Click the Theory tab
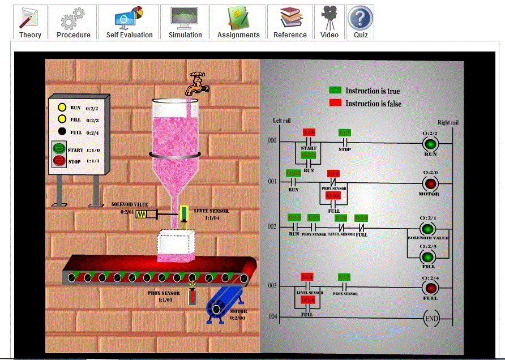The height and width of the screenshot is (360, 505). click(x=30, y=22)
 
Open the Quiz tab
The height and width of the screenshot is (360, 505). click(x=361, y=22)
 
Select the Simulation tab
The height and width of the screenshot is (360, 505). click(x=185, y=22)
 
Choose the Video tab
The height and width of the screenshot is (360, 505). click(x=329, y=22)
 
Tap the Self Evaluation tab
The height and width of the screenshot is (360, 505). click(x=129, y=22)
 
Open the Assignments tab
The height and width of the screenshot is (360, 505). click(x=238, y=22)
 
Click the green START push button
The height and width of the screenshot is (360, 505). click(x=59, y=149)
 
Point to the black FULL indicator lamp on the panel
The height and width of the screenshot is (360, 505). click(x=62, y=132)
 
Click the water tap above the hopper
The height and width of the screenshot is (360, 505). click(x=198, y=84)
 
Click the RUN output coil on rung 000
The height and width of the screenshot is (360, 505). click(x=430, y=143)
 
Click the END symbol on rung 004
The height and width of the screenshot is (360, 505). click(x=431, y=319)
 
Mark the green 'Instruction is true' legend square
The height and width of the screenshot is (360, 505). click(x=335, y=91)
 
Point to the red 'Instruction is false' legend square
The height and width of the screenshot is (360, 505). click(x=335, y=103)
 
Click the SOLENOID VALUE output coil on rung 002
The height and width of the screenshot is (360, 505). click(x=429, y=228)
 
